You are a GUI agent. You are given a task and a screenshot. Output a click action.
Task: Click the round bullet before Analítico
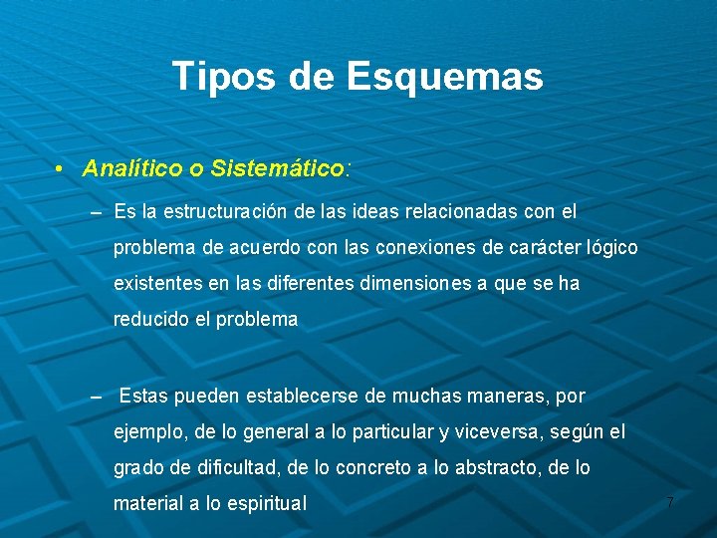tap(61, 168)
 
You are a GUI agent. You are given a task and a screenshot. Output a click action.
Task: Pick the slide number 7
tap(670, 503)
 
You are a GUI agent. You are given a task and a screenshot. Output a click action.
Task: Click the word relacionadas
tap(442, 212)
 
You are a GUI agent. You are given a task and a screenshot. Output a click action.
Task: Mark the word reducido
tap(149, 320)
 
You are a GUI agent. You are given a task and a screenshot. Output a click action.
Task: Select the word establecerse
tap(302, 397)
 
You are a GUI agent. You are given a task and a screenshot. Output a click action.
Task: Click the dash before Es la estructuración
tap(96, 213)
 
